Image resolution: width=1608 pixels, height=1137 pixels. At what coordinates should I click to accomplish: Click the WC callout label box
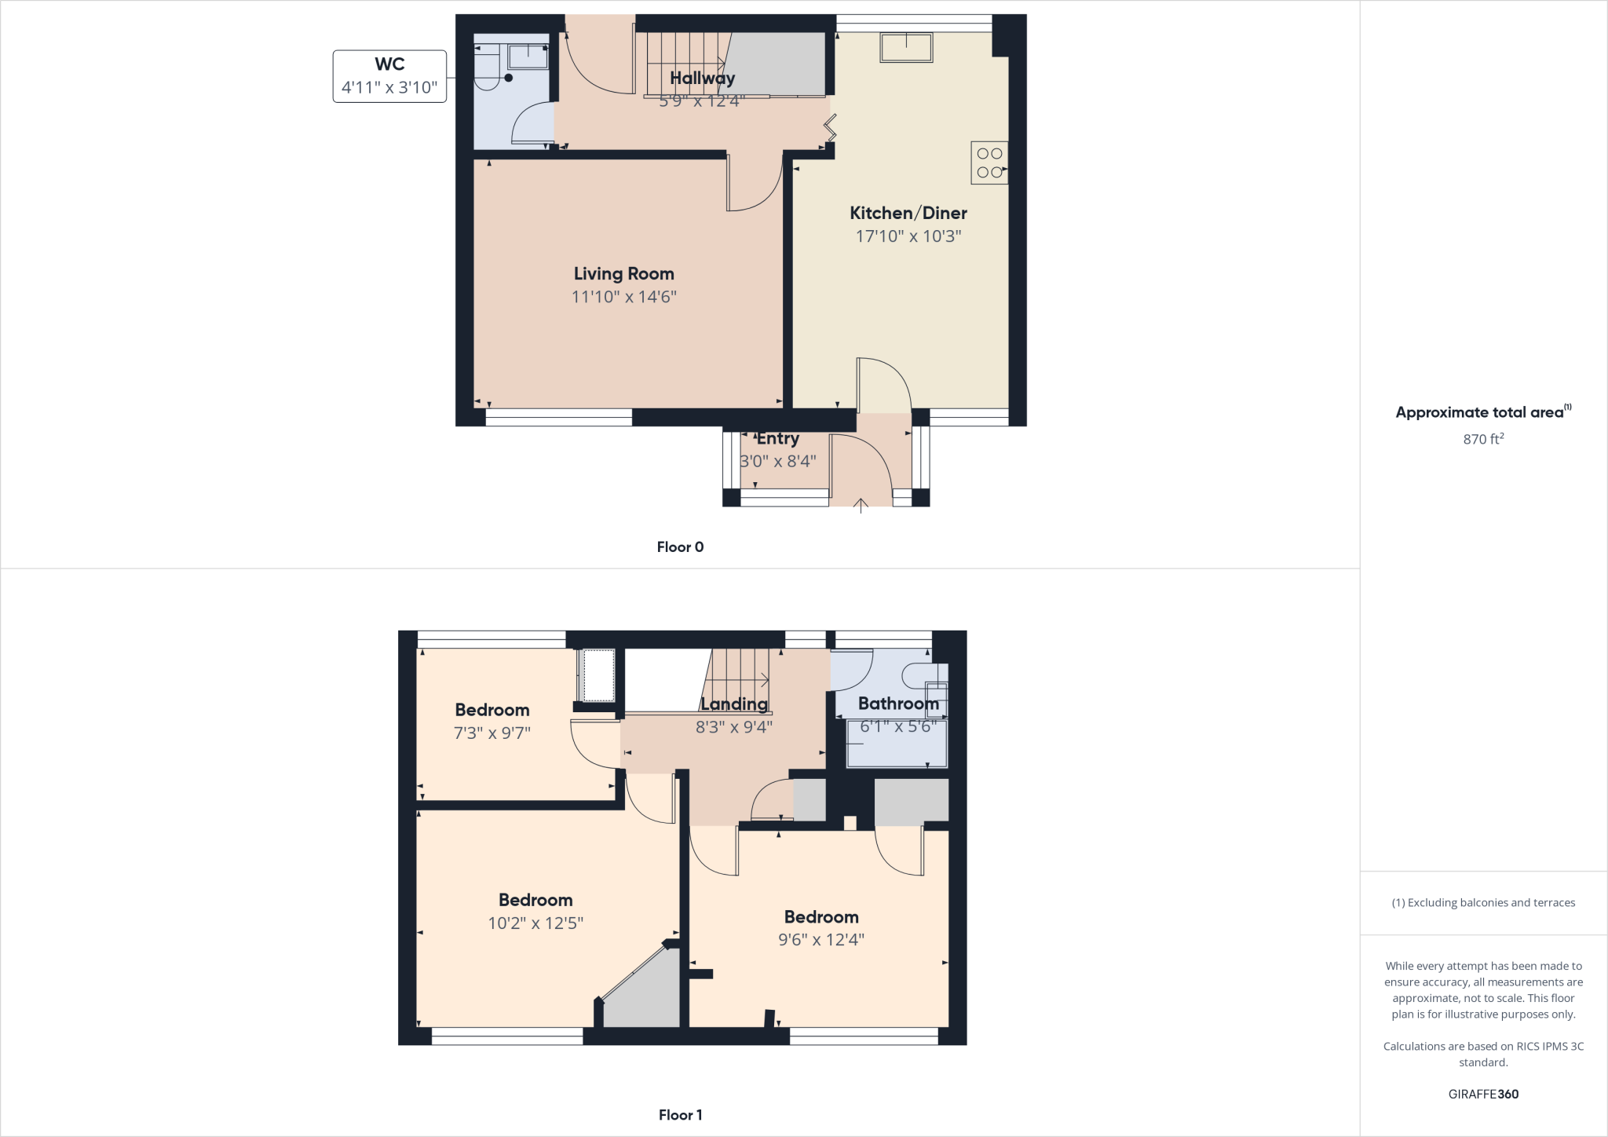pyautogui.click(x=389, y=76)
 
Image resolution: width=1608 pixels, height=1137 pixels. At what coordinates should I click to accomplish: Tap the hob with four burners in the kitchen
pyautogui.click(x=989, y=163)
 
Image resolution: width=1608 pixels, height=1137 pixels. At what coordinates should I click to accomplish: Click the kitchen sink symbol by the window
pyautogui.click(x=906, y=47)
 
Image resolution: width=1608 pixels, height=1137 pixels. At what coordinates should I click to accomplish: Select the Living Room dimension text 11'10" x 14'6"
pyautogui.click(x=623, y=297)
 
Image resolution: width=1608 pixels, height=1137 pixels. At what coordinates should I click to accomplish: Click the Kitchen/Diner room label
pyautogui.click(x=908, y=213)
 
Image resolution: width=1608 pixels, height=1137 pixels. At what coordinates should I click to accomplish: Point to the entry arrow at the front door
pyautogui.click(x=861, y=505)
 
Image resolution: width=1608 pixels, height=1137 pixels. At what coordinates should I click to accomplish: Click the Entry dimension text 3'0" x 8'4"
pyautogui.click(x=777, y=461)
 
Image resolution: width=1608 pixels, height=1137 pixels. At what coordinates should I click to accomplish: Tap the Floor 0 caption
pyautogui.click(x=680, y=547)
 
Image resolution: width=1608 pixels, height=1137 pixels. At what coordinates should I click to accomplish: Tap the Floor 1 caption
pyautogui.click(x=680, y=1115)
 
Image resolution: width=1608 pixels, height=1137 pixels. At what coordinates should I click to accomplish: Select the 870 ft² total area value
pyautogui.click(x=1482, y=439)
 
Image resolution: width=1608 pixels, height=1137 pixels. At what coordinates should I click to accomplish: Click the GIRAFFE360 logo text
pyautogui.click(x=1482, y=1094)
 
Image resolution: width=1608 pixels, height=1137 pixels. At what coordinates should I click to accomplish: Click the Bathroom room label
pyautogui.click(x=897, y=704)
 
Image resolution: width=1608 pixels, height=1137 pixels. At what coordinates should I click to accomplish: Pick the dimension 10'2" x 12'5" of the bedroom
pyautogui.click(x=535, y=923)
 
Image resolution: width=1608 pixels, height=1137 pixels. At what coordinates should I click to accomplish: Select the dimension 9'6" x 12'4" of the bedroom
pyautogui.click(x=820, y=940)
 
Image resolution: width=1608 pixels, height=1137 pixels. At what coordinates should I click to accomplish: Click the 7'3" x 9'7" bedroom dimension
pyautogui.click(x=492, y=733)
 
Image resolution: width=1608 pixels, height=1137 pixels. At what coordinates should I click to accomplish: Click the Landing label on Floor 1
pyautogui.click(x=733, y=704)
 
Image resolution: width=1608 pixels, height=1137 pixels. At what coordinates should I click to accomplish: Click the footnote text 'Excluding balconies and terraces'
pyautogui.click(x=1482, y=903)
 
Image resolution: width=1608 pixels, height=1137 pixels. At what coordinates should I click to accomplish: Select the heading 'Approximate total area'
pyautogui.click(x=1479, y=412)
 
